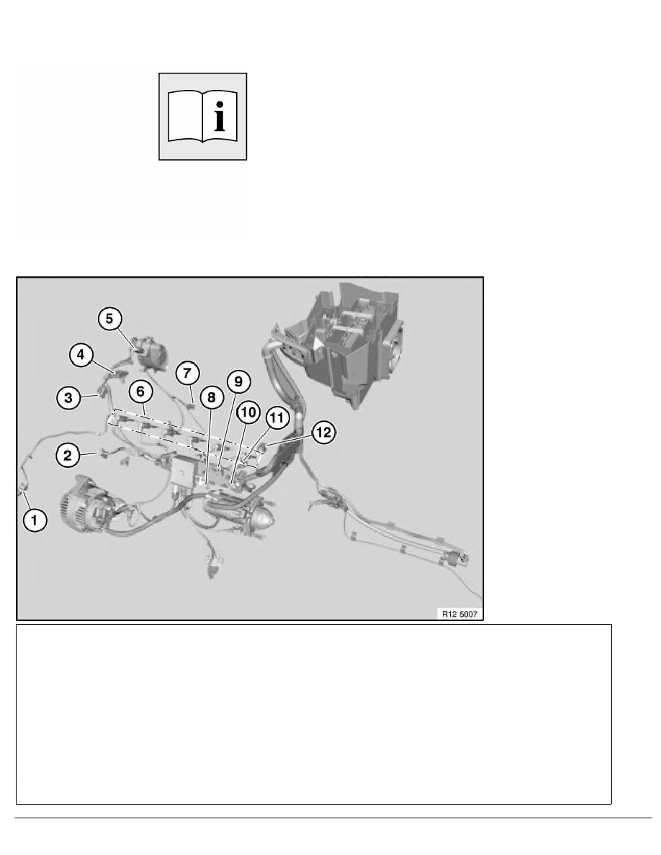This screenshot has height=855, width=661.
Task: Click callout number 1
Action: pos(35,520)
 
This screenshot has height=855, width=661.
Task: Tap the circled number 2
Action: pos(68,455)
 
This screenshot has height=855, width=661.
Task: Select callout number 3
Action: pos(68,397)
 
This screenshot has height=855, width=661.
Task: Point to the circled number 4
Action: pos(81,355)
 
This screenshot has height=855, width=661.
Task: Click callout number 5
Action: pos(109,318)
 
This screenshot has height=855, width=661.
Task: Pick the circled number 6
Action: pos(140,391)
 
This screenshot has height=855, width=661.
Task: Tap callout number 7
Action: pos(187,374)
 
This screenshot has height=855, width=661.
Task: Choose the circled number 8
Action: pos(212,397)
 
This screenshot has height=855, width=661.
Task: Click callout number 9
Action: pos(238,381)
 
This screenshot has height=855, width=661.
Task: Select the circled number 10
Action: pos(248,412)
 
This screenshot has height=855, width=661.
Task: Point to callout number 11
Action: pos(277,418)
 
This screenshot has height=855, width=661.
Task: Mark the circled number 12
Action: pos(323,433)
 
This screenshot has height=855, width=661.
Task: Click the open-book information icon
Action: pos(203,117)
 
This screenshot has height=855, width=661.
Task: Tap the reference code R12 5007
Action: pos(459,614)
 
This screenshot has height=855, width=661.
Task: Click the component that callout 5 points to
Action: pos(150,353)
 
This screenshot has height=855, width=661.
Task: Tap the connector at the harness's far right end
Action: pos(455,557)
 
